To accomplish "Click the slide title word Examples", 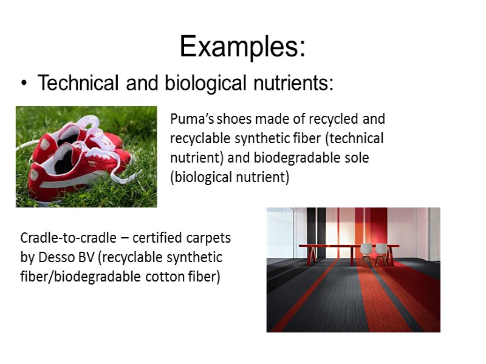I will coord(242,47).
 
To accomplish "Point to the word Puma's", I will coord(190,118).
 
